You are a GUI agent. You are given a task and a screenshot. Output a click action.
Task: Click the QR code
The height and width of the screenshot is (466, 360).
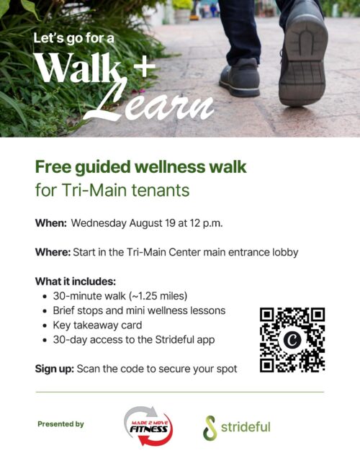pyautogui.click(x=292, y=340)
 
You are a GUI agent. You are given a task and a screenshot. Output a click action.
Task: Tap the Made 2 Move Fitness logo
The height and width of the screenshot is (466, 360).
pyautogui.click(x=148, y=426)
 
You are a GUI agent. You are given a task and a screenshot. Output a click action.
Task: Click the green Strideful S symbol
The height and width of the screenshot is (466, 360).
pyautogui.click(x=210, y=428)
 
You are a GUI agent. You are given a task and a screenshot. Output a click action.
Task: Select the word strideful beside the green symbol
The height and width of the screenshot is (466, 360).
pyautogui.click(x=246, y=427)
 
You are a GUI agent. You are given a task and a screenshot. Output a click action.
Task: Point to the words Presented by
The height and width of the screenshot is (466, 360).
pyautogui.click(x=61, y=424)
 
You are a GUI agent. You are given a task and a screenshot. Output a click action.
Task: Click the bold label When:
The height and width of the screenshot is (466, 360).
pyautogui.click(x=51, y=223)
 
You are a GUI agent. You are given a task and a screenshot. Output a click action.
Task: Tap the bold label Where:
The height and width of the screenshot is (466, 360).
pyautogui.click(x=53, y=252)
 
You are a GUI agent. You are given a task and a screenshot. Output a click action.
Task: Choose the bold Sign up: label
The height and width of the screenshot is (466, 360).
pyautogui.click(x=54, y=369)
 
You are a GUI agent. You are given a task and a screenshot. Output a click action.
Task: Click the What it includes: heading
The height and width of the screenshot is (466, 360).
pyautogui.click(x=76, y=281)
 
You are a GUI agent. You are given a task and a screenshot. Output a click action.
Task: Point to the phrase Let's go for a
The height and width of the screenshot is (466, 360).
pyautogui.click(x=73, y=39)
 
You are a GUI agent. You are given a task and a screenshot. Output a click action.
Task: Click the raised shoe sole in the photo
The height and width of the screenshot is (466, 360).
pyautogui.click(x=304, y=60)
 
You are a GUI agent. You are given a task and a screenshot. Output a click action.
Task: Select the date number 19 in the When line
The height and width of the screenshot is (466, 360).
pyautogui.click(x=170, y=223)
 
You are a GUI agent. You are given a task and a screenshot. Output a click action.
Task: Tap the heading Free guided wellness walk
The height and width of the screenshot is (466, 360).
pyautogui.click(x=141, y=167)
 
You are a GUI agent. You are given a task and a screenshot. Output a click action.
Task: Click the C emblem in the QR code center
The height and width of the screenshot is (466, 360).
pyautogui.click(x=292, y=340)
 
